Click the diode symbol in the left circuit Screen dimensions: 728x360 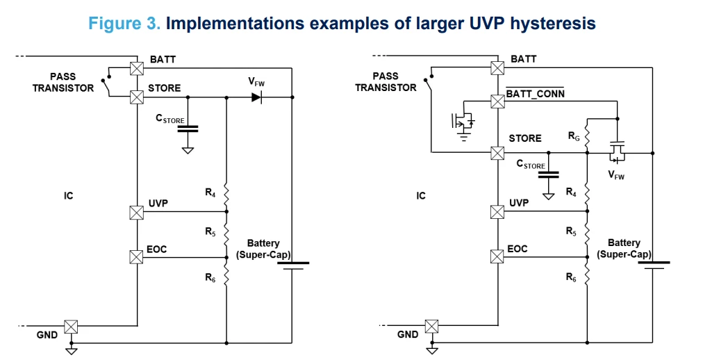tap(256, 97)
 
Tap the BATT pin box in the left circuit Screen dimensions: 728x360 tap(137, 68)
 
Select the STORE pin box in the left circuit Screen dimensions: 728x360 tap(137, 97)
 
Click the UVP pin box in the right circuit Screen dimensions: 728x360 tap(497, 212)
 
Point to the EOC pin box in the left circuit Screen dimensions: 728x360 tap(137, 256)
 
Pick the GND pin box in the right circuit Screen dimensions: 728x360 tap(432, 327)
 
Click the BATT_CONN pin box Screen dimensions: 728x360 tap(497, 101)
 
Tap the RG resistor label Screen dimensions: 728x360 tap(574, 138)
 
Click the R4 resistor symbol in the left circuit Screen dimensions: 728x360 tap(226, 196)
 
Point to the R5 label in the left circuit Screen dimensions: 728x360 tap(210, 231)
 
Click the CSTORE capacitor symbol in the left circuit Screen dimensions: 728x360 tap(188, 129)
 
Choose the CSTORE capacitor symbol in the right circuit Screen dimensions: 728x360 tap(548, 174)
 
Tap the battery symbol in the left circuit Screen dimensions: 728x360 tap(293, 265)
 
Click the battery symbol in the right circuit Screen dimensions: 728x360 tap(653, 265)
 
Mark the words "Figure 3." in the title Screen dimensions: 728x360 tap(124, 23)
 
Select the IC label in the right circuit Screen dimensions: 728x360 tap(421, 195)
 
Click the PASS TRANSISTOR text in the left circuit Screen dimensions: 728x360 tap(63, 82)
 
